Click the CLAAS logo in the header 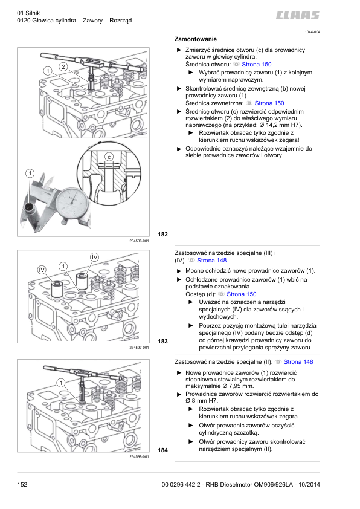pyautogui.click(x=298, y=15)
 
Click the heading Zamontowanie pyautogui.click(x=196, y=39)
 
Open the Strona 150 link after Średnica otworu pyautogui.click(x=257, y=65)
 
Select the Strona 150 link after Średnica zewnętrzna pyautogui.click(x=269, y=103)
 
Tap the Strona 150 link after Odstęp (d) pyautogui.click(x=241, y=294)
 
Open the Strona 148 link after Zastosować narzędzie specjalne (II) pyautogui.click(x=298, y=362)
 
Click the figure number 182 pyautogui.click(x=163, y=235)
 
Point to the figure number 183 pyautogui.click(x=163, y=342)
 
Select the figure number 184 pyautogui.click(x=163, y=450)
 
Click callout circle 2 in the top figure pyautogui.click(x=63, y=67)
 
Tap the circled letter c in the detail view pyautogui.click(x=109, y=157)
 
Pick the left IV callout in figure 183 pyautogui.click(x=42, y=270)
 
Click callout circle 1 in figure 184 pyautogui.click(x=60, y=383)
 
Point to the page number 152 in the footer pyautogui.click(x=22, y=485)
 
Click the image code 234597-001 pyautogui.click(x=139, y=348)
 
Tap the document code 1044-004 pyautogui.click(x=312, y=32)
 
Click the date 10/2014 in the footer pyautogui.click(x=309, y=485)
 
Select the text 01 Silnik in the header pyautogui.click(x=28, y=13)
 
